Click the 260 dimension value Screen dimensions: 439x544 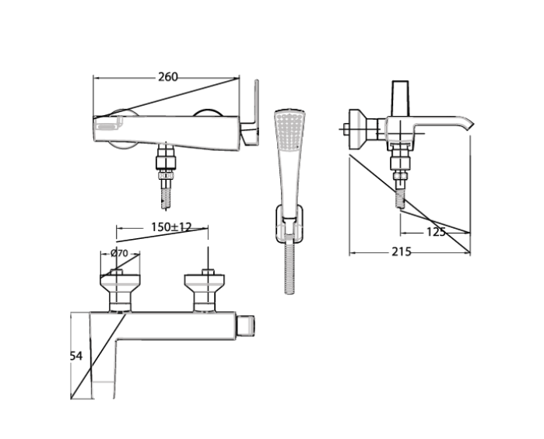pos(167,76)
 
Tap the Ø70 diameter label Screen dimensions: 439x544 pos(119,253)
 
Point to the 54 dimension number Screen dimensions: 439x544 pos(75,356)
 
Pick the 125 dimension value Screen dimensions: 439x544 pos(435,232)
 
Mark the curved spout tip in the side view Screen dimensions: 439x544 pos(467,125)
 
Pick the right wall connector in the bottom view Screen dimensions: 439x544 pos(207,287)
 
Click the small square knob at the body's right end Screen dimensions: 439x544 pos(247,323)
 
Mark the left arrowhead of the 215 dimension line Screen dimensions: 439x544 pos(352,253)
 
